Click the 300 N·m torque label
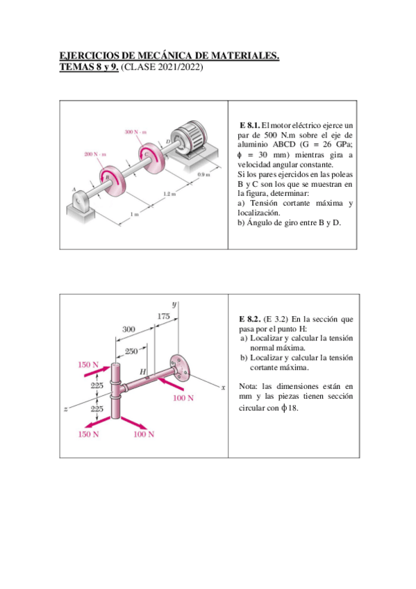(x=135, y=132)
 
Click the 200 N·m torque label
(x=95, y=154)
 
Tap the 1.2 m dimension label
(x=169, y=194)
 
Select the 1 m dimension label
(x=135, y=214)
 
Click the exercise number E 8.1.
(x=250, y=125)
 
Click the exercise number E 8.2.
(x=250, y=320)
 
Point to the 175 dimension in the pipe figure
(x=163, y=316)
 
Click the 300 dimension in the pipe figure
(x=128, y=329)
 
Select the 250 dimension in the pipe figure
(x=131, y=351)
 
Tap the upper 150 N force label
(x=88, y=365)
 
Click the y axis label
(x=174, y=304)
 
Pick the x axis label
(x=223, y=388)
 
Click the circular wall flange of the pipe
(x=179, y=367)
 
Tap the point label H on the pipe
(x=142, y=372)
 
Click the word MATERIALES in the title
(x=244, y=56)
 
